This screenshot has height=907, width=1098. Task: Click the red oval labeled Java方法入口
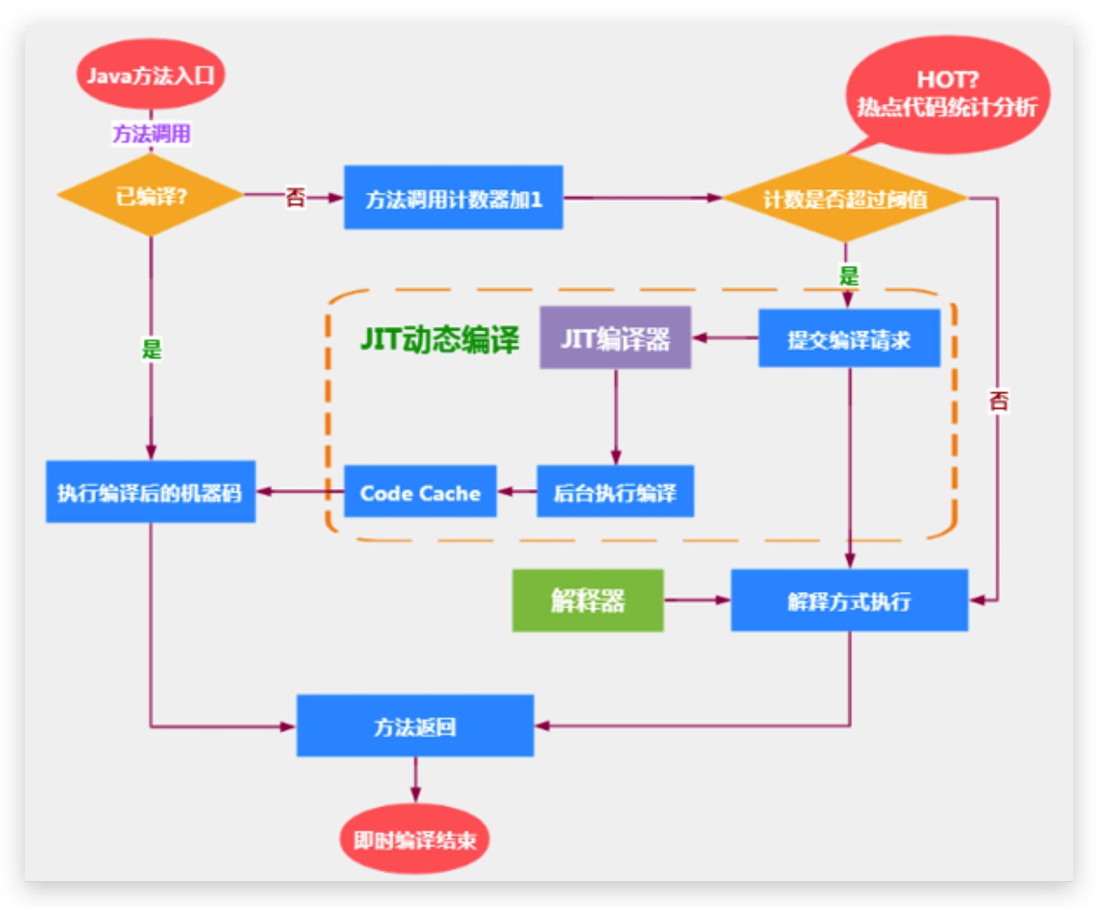click(x=151, y=75)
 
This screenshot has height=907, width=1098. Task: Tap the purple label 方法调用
click(x=151, y=133)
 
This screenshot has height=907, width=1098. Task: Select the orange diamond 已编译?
click(x=151, y=196)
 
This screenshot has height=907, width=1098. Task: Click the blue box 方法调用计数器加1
click(x=454, y=198)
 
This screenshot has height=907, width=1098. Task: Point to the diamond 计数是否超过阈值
click(x=845, y=199)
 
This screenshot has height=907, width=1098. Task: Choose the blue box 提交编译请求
click(x=849, y=339)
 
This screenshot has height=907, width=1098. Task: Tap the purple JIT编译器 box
click(x=615, y=338)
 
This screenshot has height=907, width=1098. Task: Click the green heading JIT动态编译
click(x=439, y=340)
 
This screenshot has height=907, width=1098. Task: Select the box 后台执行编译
click(x=615, y=492)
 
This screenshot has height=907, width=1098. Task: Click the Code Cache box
click(x=420, y=492)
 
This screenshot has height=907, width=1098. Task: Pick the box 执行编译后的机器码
click(x=151, y=492)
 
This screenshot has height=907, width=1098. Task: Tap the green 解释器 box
click(x=587, y=600)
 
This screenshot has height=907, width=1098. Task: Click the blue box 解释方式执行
click(x=849, y=600)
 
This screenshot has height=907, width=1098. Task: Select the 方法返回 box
click(x=415, y=725)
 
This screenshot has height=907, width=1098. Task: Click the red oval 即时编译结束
click(x=415, y=839)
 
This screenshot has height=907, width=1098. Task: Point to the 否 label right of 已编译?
click(x=295, y=198)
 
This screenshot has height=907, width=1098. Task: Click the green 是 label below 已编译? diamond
click(x=152, y=349)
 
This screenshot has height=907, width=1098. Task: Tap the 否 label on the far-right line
click(x=998, y=401)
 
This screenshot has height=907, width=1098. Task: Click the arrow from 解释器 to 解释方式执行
click(x=697, y=600)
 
